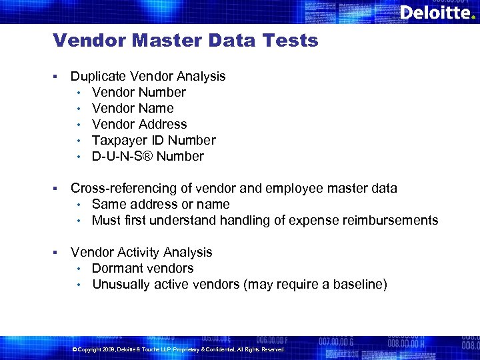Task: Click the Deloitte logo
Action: tap(437, 13)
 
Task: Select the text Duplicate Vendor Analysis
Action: tap(148, 77)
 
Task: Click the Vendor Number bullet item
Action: tap(139, 93)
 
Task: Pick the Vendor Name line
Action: tap(133, 109)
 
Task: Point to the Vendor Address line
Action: tap(139, 125)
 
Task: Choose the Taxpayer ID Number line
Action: tap(154, 141)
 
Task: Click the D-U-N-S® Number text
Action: tap(148, 157)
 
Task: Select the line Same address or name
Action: tap(161, 205)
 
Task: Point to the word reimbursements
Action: tap(391, 221)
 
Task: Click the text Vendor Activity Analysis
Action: tap(141, 253)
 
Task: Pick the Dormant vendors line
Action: tap(143, 269)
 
